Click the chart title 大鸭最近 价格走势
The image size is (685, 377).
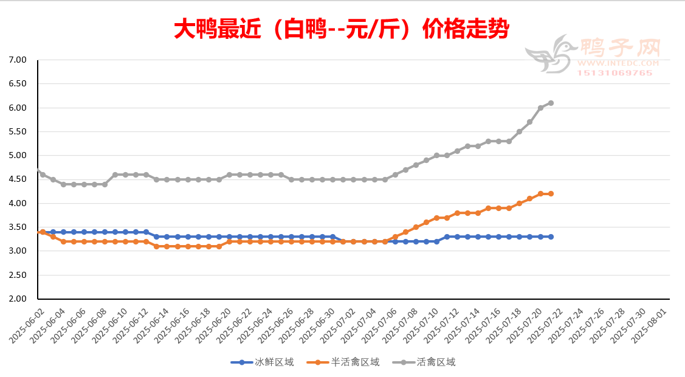click(x=342, y=29)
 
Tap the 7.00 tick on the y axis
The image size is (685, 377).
click(x=18, y=60)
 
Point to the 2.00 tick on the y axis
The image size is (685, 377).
click(x=18, y=299)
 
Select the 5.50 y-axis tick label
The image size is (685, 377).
click(x=18, y=132)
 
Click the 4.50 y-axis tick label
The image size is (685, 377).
click(x=18, y=179)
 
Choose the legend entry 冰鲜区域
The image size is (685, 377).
click(x=263, y=362)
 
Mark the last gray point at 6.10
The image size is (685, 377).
click(x=551, y=103)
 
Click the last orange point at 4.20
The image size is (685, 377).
click(x=551, y=194)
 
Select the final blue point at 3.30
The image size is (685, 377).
click(x=551, y=237)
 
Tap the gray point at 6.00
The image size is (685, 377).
click(x=540, y=108)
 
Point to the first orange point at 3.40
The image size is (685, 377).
click(x=43, y=232)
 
